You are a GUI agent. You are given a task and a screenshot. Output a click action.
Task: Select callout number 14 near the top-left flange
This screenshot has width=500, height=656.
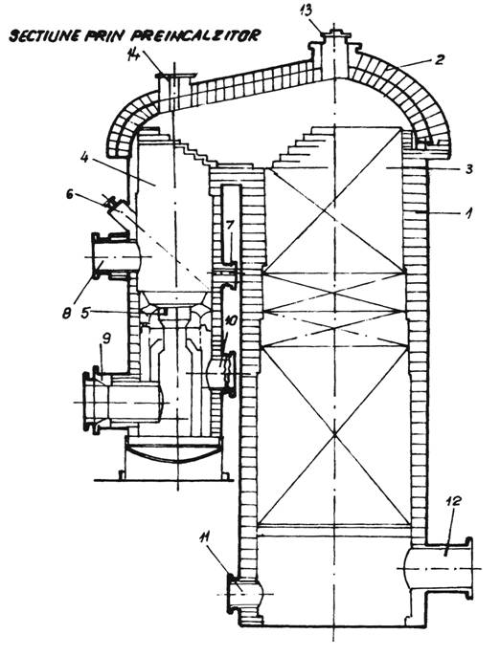tap(135, 55)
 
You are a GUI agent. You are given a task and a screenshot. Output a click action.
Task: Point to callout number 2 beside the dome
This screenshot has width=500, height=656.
tap(438, 60)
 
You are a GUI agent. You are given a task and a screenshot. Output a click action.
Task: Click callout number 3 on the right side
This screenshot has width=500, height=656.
tap(468, 169)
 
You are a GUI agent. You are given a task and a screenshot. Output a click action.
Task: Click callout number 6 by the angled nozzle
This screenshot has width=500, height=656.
tap(70, 195)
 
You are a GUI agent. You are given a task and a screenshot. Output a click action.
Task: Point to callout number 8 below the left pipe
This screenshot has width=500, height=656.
tap(67, 313)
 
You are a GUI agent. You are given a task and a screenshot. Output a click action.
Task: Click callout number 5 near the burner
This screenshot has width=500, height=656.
tap(85, 313)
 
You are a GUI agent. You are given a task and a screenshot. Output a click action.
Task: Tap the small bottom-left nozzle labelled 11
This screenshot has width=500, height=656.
tap(245, 593)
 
